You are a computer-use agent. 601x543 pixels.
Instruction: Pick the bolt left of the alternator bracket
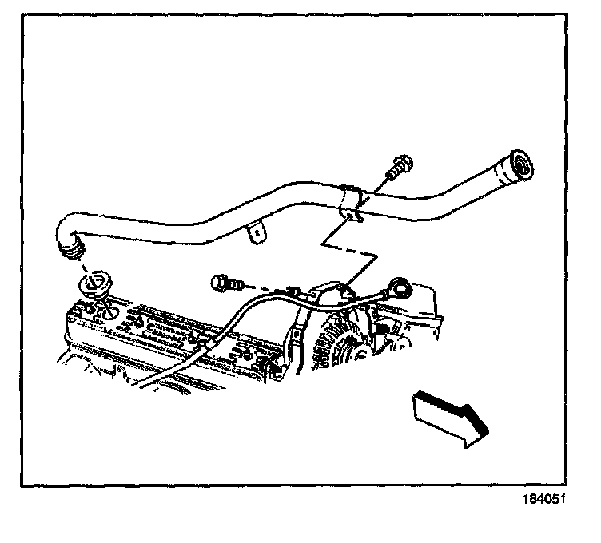224,282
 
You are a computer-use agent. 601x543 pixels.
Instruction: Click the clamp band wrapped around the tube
352,203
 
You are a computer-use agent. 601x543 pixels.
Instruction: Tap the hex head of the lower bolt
217,282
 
